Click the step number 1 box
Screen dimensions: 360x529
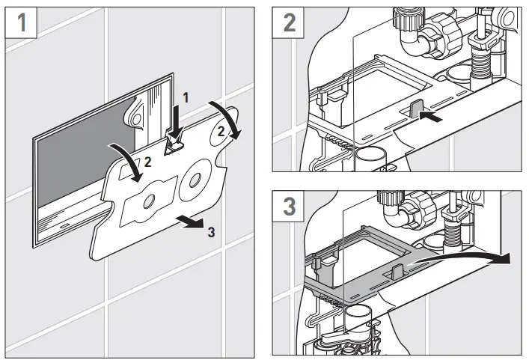coord(22,22)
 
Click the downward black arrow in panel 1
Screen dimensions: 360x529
coord(176,119)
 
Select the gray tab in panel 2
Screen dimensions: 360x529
coord(416,109)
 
